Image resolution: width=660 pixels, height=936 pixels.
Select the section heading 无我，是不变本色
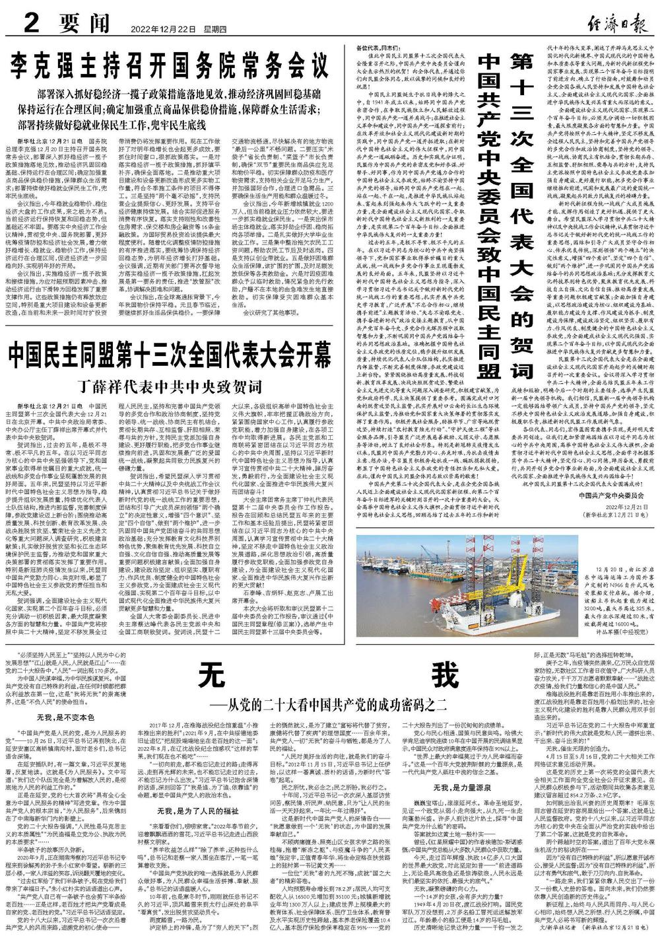(65, 715)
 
